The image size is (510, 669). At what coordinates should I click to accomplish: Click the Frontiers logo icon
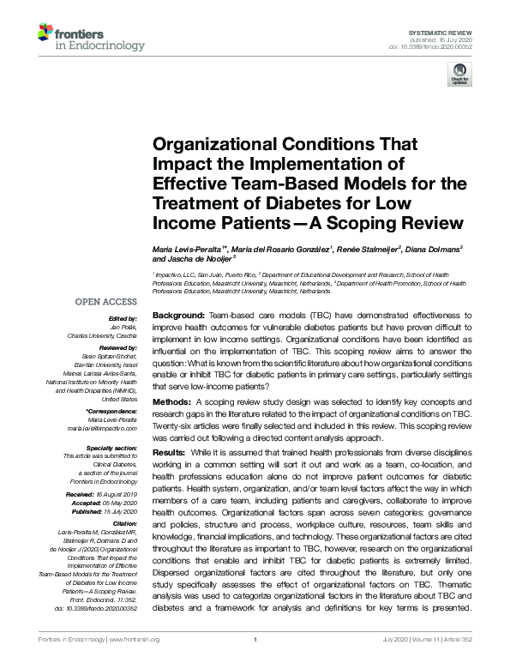pyautogui.click(x=47, y=34)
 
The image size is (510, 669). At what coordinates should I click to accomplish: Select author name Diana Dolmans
pyautogui.click(x=433, y=248)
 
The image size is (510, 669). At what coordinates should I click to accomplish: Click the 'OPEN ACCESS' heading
pyautogui.click(x=105, y=302)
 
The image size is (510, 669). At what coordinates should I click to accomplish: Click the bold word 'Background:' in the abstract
pyautogui.click(x=179, y=316)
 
